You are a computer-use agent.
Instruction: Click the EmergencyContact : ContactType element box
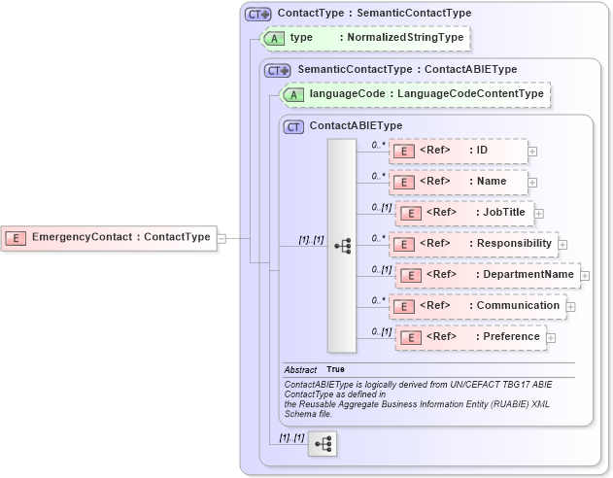109,237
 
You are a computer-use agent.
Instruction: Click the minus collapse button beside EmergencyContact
221,237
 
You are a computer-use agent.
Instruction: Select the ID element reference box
458,151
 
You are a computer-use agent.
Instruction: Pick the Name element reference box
458,182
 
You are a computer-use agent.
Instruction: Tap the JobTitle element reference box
463,213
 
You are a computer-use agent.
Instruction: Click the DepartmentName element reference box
487,275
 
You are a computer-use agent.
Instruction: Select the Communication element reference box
475,306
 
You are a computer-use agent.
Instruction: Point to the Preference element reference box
469,337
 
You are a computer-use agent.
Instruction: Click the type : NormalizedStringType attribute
367,38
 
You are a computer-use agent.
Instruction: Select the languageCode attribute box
415,94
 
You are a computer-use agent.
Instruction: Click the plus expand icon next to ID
532,152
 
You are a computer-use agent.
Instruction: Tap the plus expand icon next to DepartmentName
585,276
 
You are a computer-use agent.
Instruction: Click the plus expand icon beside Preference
551,338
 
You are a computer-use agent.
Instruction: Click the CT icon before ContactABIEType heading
293,126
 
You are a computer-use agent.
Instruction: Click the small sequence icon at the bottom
322,444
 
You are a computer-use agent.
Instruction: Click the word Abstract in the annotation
301,370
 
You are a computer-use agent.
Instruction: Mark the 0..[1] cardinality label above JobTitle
382,207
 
